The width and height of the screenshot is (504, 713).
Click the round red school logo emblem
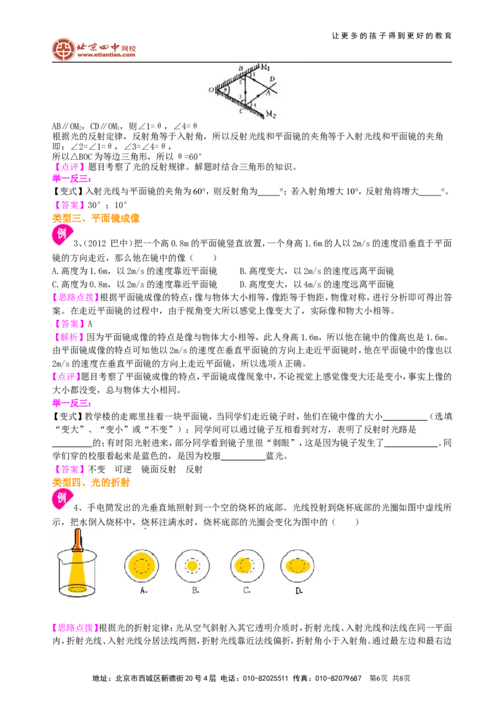[63, 49]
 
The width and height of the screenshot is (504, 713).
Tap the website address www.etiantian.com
[106, 55]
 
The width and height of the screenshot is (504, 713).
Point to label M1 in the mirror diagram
[266, 68]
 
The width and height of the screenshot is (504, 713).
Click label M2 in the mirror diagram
[271, 114]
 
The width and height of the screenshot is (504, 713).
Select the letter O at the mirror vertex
[212, 90]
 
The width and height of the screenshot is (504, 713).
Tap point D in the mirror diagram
[272, 79]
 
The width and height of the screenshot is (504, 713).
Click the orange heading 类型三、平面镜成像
[96, 219]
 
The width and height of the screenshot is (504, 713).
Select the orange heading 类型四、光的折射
[91, 482]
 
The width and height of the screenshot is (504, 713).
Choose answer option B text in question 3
[317, 271]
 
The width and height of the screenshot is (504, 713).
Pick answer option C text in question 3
[135, 285]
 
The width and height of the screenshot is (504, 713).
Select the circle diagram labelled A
[142, 566]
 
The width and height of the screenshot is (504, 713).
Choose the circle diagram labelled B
[192, 566]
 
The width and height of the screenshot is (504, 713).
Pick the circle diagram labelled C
[247, 566]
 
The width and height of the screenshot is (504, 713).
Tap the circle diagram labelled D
[297, 566]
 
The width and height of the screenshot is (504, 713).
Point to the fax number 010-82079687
[338, 678]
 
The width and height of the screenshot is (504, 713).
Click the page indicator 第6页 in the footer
[379, 678]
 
